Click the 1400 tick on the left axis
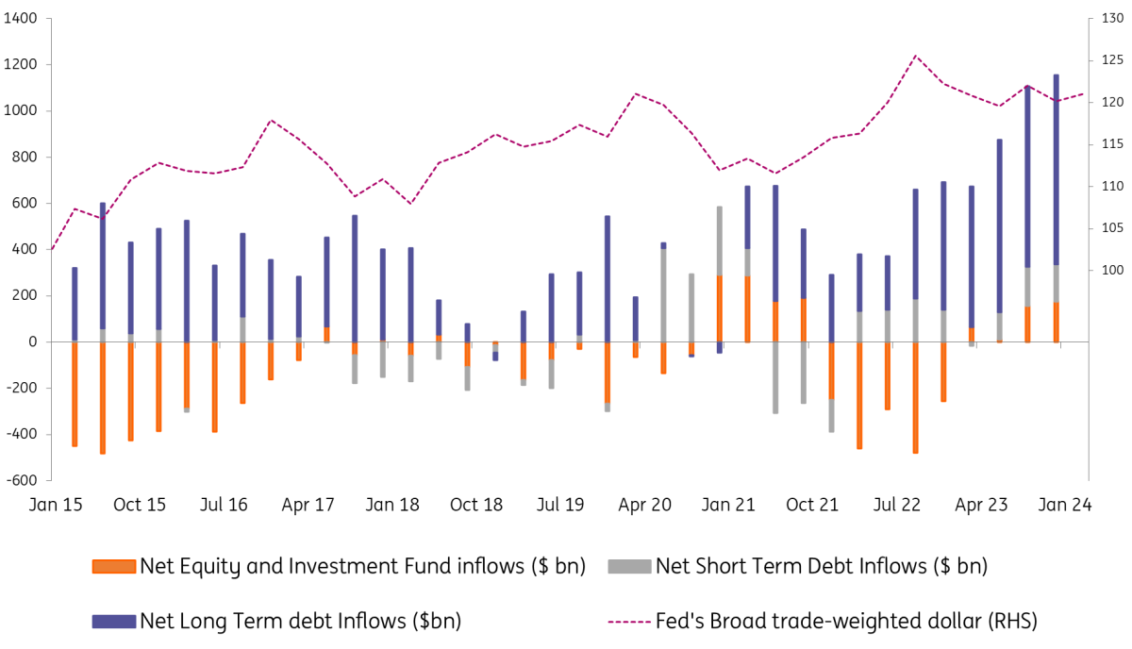[x=20, y=19]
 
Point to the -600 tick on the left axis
[x=22, y=480]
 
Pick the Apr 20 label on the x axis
[x=645, y=506]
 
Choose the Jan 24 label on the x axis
[x=1065, y=506]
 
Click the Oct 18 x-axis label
[x=476, y=506]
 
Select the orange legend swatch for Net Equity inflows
[x=114, y=567]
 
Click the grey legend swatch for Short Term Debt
[x=628, y=567]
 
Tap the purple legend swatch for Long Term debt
[x=114, y=621]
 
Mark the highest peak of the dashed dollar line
[x=915, y=56]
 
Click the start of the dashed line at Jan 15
[x=51, y=250]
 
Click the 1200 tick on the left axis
[x=20, y=65]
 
